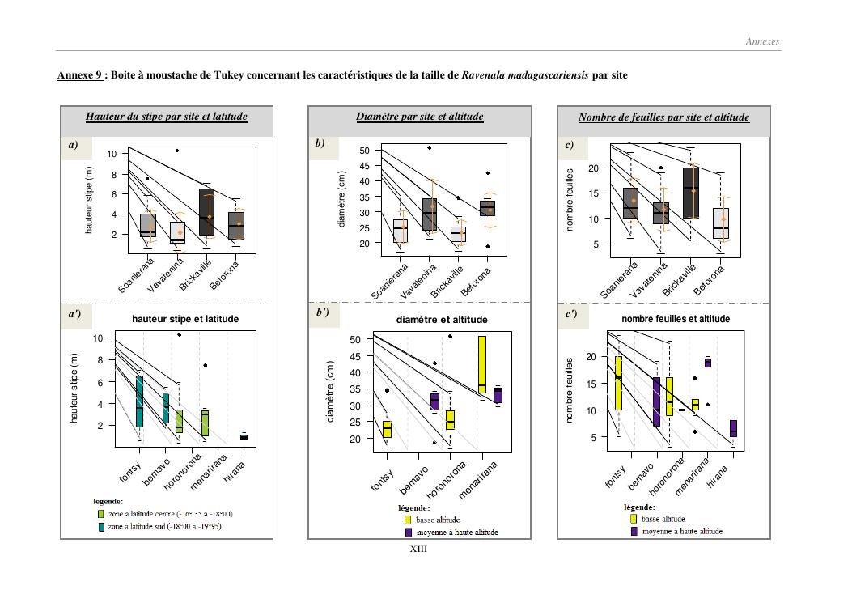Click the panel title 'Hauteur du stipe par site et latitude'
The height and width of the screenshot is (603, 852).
pos(166,117)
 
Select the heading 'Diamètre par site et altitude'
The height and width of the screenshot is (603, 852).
pos(419,117)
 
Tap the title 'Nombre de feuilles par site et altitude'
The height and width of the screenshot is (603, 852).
pos(663,117)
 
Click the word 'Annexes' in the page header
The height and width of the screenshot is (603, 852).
pos(762,42)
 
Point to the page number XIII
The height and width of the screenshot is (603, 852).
pos(418,549)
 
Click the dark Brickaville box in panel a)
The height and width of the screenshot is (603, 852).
pos(206,212)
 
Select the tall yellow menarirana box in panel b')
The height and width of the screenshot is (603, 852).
pos(482,365)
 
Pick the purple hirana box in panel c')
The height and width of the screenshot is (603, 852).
pos(733,428)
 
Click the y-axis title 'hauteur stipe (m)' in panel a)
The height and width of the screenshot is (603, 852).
pos(91,201)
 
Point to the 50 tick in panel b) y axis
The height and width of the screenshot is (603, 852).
pos(364,151)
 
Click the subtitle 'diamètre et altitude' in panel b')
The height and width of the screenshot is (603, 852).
pos(442,320)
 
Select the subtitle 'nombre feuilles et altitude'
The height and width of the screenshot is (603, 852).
pos(676,319)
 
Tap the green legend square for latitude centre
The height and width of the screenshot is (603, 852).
pos(100,514)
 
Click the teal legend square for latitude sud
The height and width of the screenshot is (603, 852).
pos(100,526)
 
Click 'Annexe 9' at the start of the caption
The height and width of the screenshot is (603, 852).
pos(80,75)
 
